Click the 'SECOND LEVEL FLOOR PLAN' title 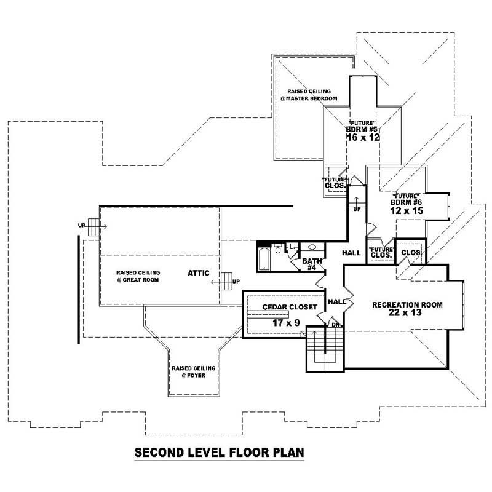[x=220, y=453]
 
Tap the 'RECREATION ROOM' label [x=407, y=304]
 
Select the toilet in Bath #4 [x=279, y=248]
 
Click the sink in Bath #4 [x=311, y=247]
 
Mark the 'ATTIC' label [x=200, y=272]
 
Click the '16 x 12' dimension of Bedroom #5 [x=363, y=137]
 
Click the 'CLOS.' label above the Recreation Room [x=410, y=252]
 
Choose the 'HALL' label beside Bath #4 [x=351, y=253]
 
